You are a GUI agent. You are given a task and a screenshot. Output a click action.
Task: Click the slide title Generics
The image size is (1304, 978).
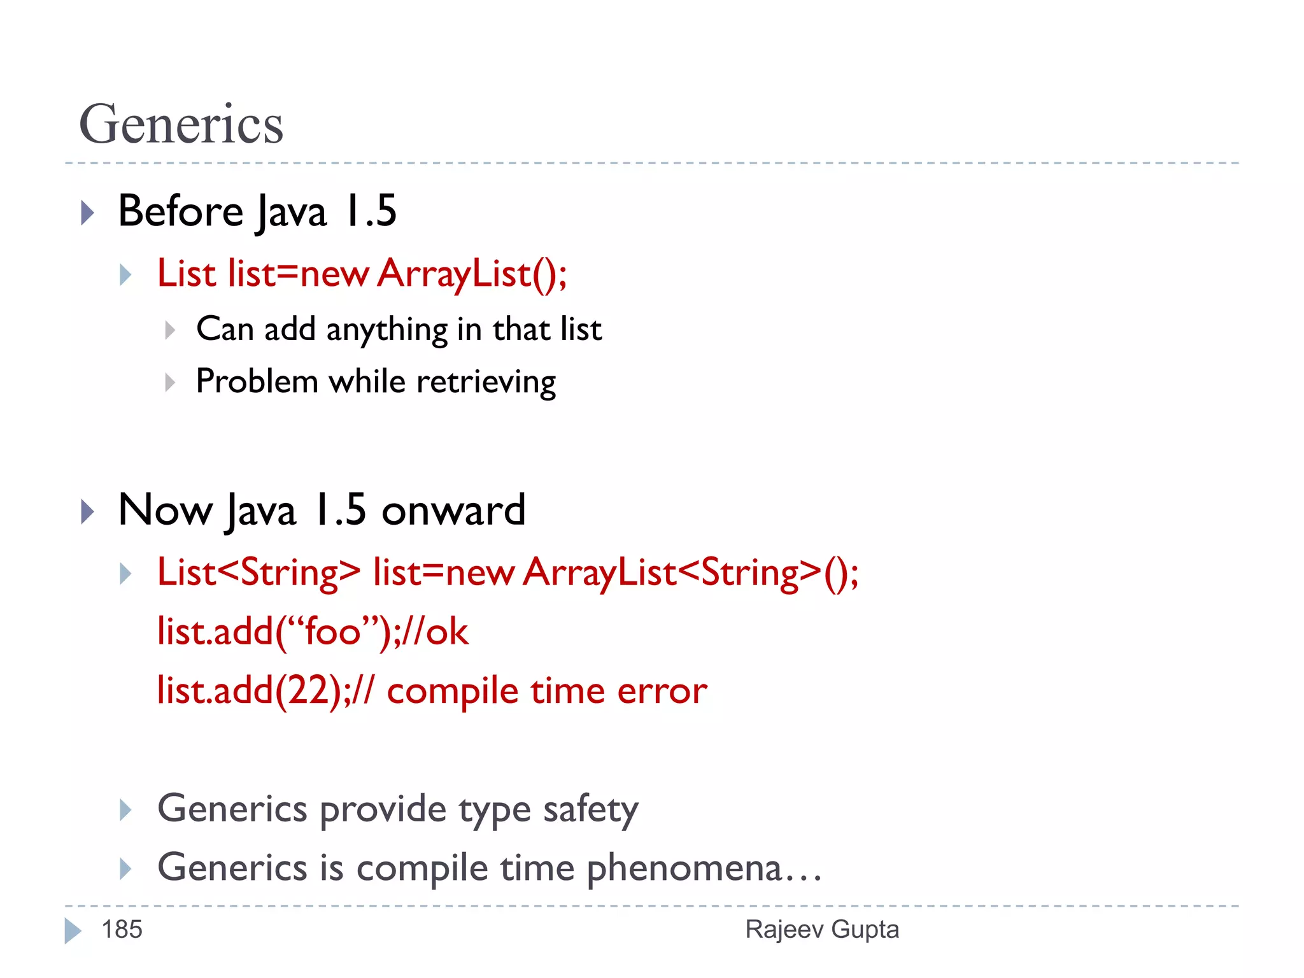click(181, 125)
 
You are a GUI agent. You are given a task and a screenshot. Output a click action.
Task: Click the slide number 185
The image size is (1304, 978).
click(122, 930)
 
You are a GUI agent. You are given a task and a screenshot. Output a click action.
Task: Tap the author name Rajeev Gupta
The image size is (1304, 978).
click(821, 930)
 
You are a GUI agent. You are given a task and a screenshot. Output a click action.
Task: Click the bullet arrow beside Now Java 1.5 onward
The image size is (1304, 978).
click(88, 511)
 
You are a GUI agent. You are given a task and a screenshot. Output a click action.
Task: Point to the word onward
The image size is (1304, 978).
click(453, 511)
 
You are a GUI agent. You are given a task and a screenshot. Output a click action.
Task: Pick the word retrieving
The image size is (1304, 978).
click(486, 383)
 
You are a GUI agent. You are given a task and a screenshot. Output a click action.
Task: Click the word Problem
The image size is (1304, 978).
click(257, 382)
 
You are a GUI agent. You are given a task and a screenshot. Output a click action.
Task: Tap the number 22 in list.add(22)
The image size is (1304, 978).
click(308, 691)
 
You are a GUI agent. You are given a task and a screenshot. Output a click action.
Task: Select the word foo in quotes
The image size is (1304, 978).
click(333, 632)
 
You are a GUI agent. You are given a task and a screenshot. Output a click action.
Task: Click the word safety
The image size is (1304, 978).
click(590, 810)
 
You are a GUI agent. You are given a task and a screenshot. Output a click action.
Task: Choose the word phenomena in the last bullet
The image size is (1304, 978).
click(683, 868)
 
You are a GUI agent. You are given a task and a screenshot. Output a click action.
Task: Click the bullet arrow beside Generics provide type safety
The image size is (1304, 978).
click(125, 810)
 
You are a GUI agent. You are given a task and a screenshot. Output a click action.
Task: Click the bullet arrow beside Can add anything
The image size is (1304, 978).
click(169, 330)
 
